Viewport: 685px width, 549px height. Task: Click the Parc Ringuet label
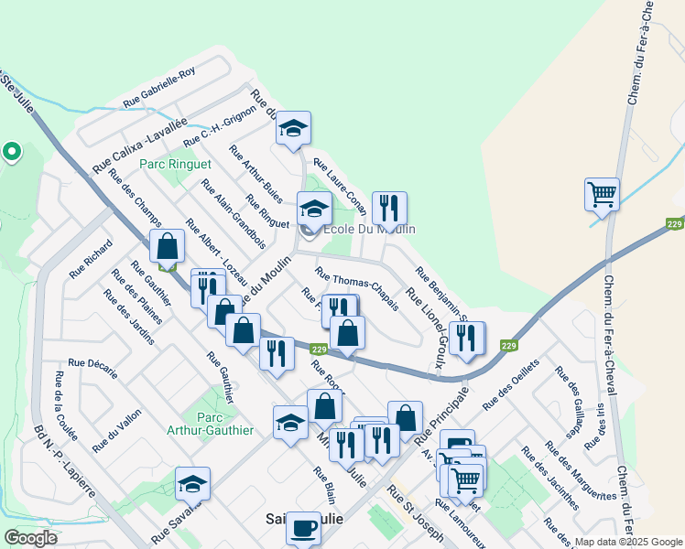(175, 165)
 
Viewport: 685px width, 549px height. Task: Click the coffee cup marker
(303, 528)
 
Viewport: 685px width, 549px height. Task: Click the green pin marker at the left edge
(12, 150)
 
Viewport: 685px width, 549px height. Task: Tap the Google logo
(30, 538)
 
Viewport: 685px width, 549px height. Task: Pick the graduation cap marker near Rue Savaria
(192, 483)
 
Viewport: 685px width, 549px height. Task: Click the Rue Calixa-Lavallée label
(138, 145)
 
